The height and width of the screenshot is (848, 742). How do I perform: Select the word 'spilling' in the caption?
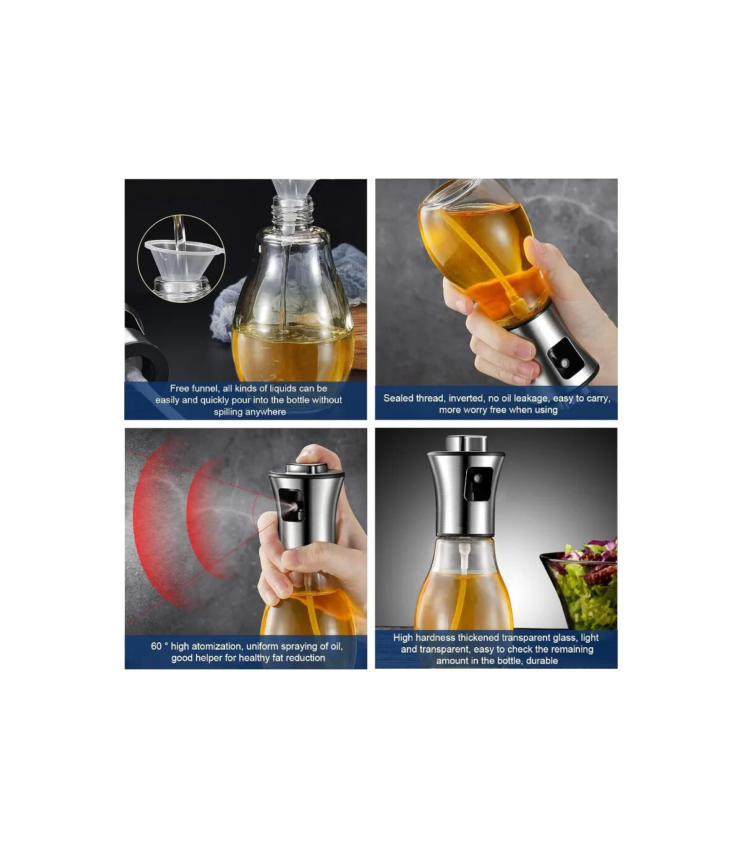pos(229,412)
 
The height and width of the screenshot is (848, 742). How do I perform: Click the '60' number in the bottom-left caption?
pos(156,646)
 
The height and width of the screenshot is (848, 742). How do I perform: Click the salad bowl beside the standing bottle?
pos(581,589)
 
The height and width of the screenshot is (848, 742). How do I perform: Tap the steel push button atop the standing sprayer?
pos(466,443)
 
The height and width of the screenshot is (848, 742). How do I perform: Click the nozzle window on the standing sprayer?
pos(478,483)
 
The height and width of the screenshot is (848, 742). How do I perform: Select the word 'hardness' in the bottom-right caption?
pos(435,637)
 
